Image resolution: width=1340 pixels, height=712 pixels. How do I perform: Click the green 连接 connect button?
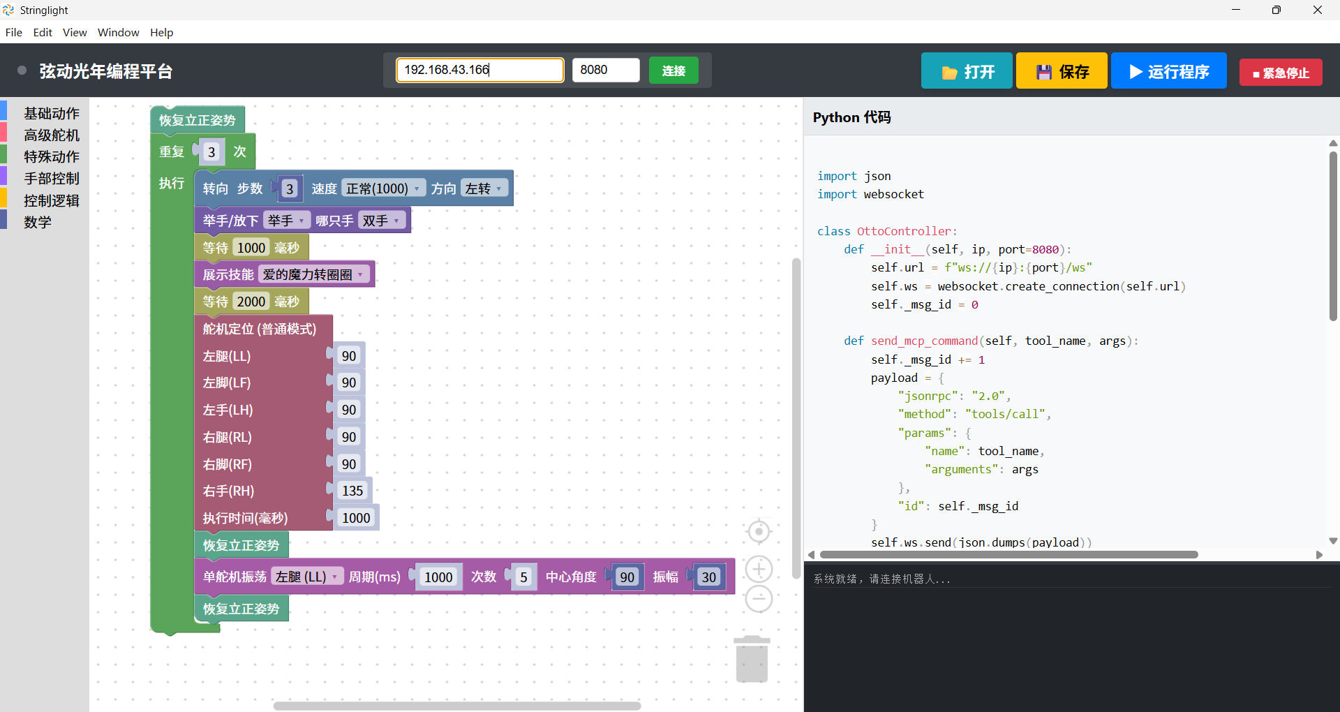coord(673,71)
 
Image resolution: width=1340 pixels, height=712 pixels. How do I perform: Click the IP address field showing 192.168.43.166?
coord(479,70)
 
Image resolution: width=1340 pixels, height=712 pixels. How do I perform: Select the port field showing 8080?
coord(605,70)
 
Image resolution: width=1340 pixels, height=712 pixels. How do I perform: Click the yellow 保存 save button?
coord(1061,71)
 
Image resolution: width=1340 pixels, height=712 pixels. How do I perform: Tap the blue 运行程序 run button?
coord(1168,71)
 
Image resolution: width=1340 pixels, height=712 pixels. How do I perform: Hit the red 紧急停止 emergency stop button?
coord(1280,73)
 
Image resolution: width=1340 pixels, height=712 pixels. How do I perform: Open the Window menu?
coord(118,32)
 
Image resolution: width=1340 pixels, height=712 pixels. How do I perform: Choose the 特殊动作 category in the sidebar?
coord(51,156)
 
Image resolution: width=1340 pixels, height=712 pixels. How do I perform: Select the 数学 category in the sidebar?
coord(37,222)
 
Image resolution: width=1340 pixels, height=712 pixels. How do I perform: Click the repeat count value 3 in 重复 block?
coord(211,152)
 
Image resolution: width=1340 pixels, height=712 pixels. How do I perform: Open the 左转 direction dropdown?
coord(483,188)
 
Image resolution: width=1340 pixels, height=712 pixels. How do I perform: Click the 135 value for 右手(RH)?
coord(352,491)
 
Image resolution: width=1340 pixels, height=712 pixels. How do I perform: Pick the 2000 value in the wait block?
coord(251,302)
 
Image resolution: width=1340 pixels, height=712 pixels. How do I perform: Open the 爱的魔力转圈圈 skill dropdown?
coord(313,274)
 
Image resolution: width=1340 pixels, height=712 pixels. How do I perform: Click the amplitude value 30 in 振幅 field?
coord(708,577)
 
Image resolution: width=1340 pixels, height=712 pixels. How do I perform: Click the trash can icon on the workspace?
coord(752,659)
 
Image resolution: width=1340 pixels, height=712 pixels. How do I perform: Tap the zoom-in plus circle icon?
coord(759,569)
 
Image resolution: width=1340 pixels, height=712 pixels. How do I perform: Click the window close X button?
coord(1317,10)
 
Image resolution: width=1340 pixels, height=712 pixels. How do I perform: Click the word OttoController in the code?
coord(903,231)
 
